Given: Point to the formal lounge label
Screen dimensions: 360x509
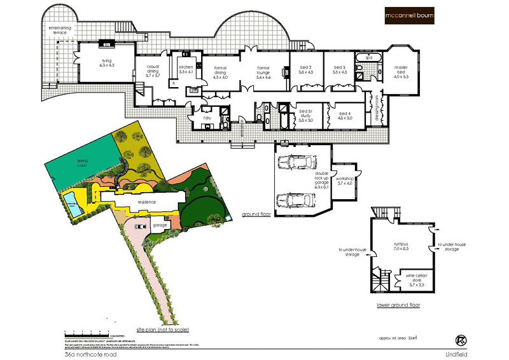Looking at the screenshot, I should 263,72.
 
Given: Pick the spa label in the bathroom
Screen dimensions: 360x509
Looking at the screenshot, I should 368,58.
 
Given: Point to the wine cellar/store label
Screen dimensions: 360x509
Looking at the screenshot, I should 410,280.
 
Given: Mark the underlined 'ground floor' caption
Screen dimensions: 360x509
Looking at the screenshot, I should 257,215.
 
